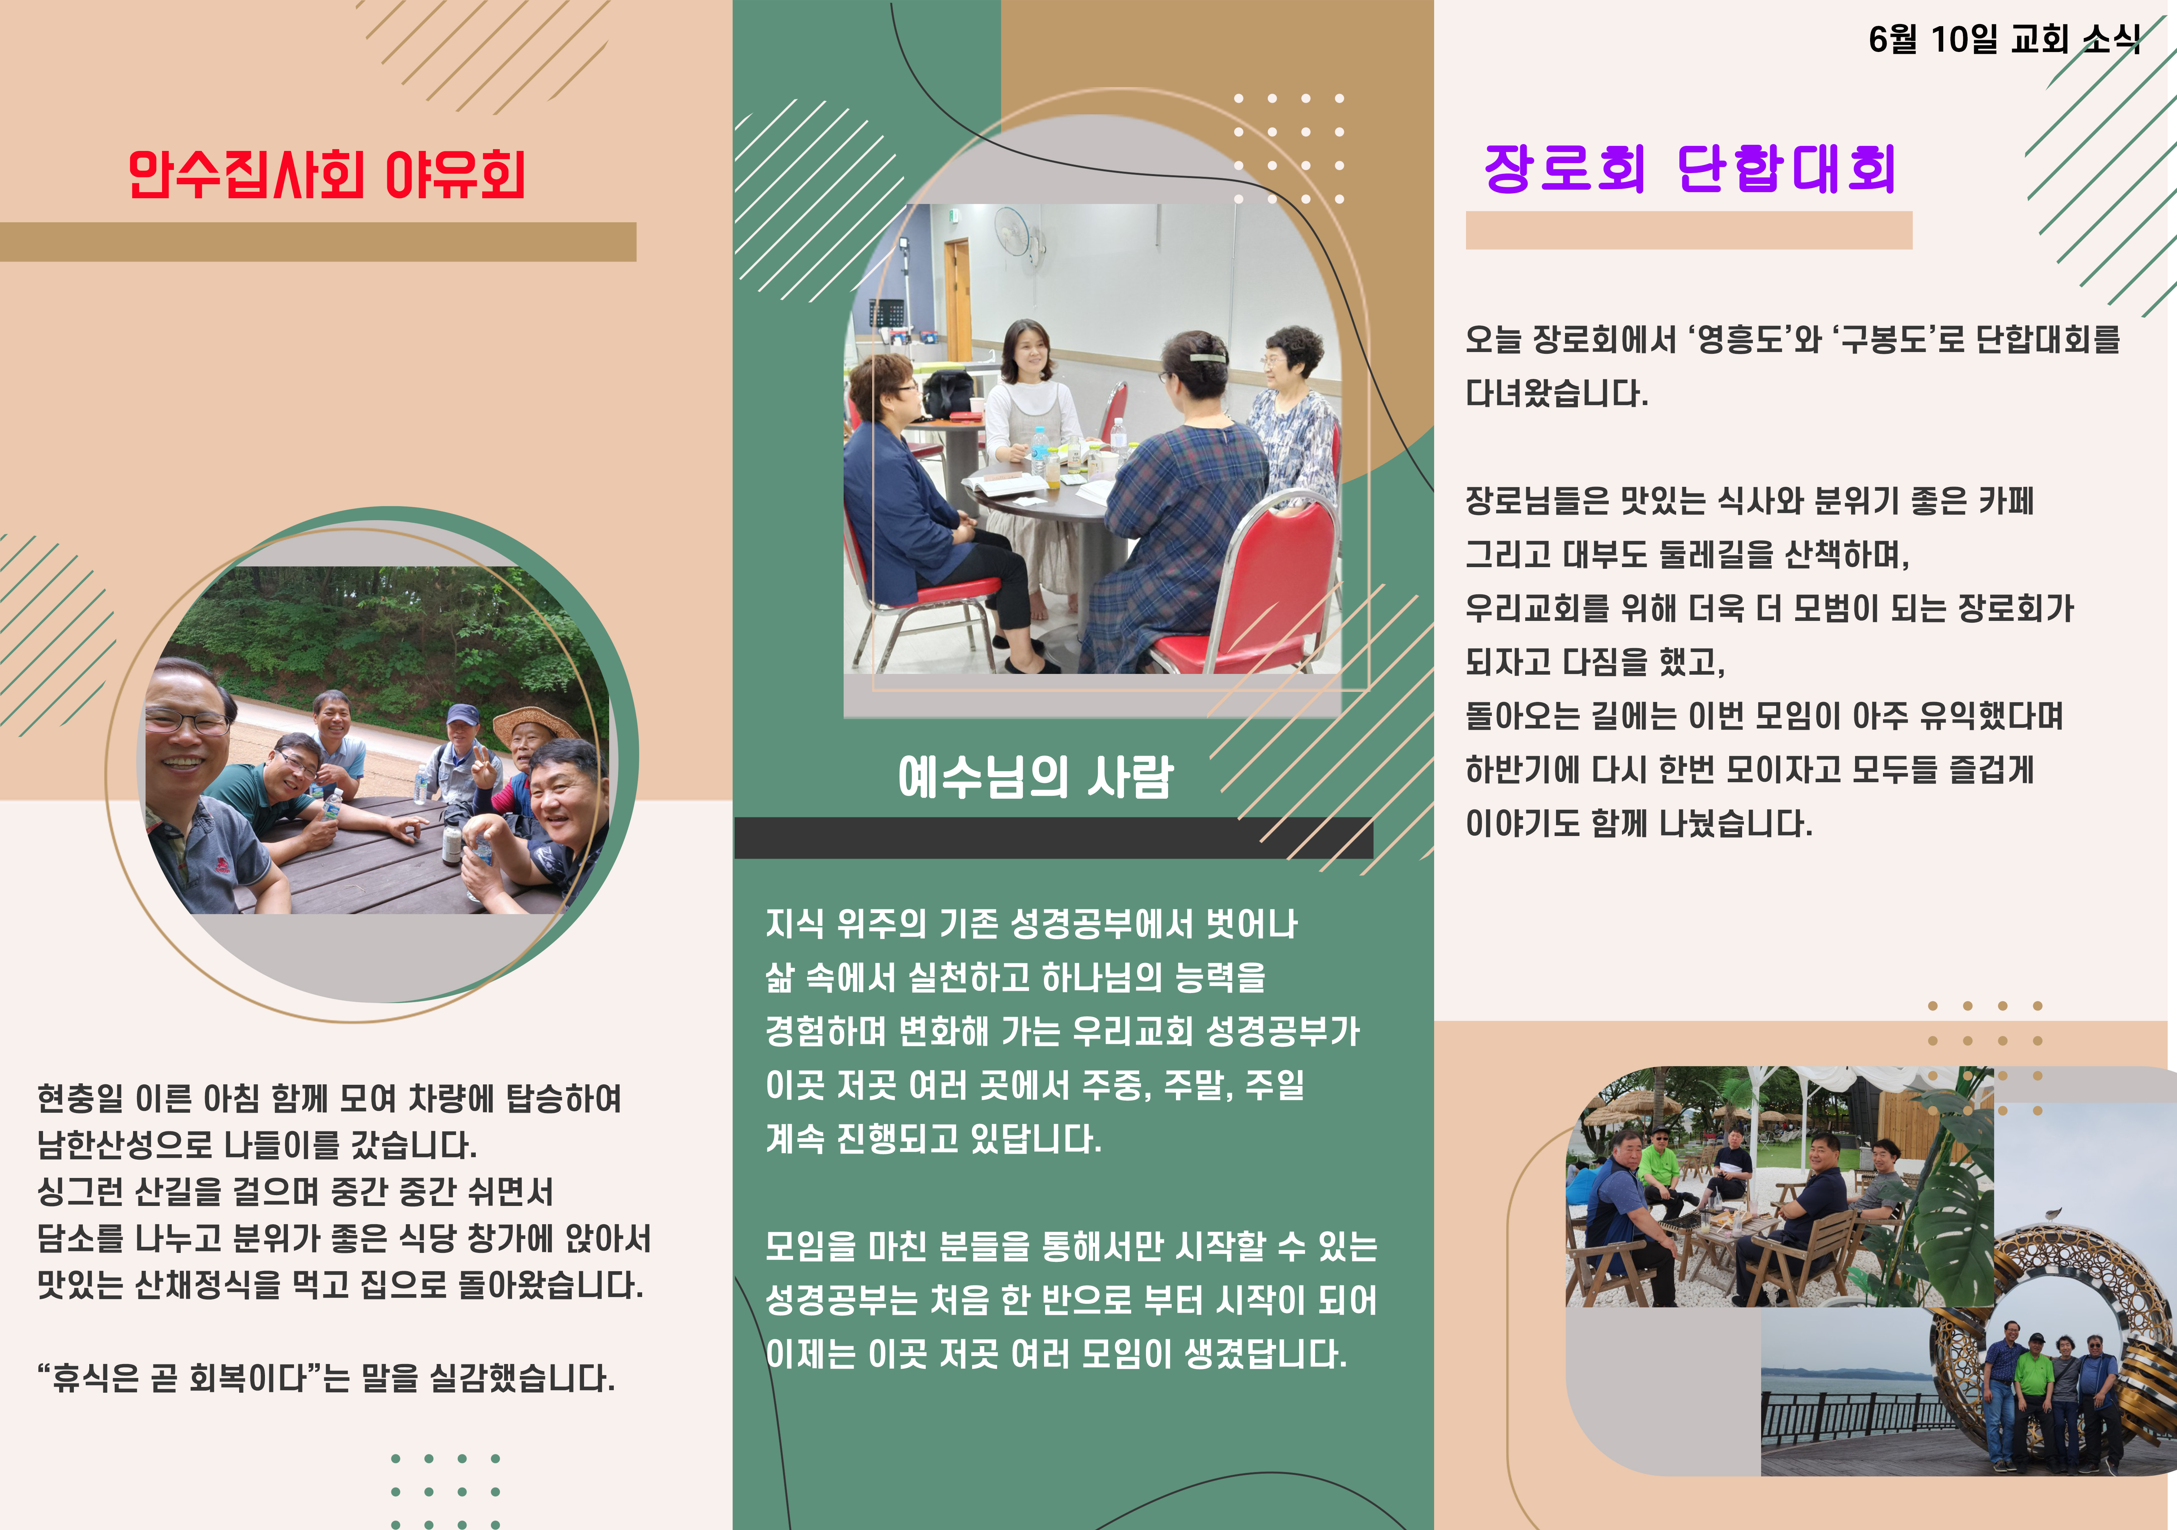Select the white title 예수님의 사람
1035,777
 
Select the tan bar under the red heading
318,242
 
